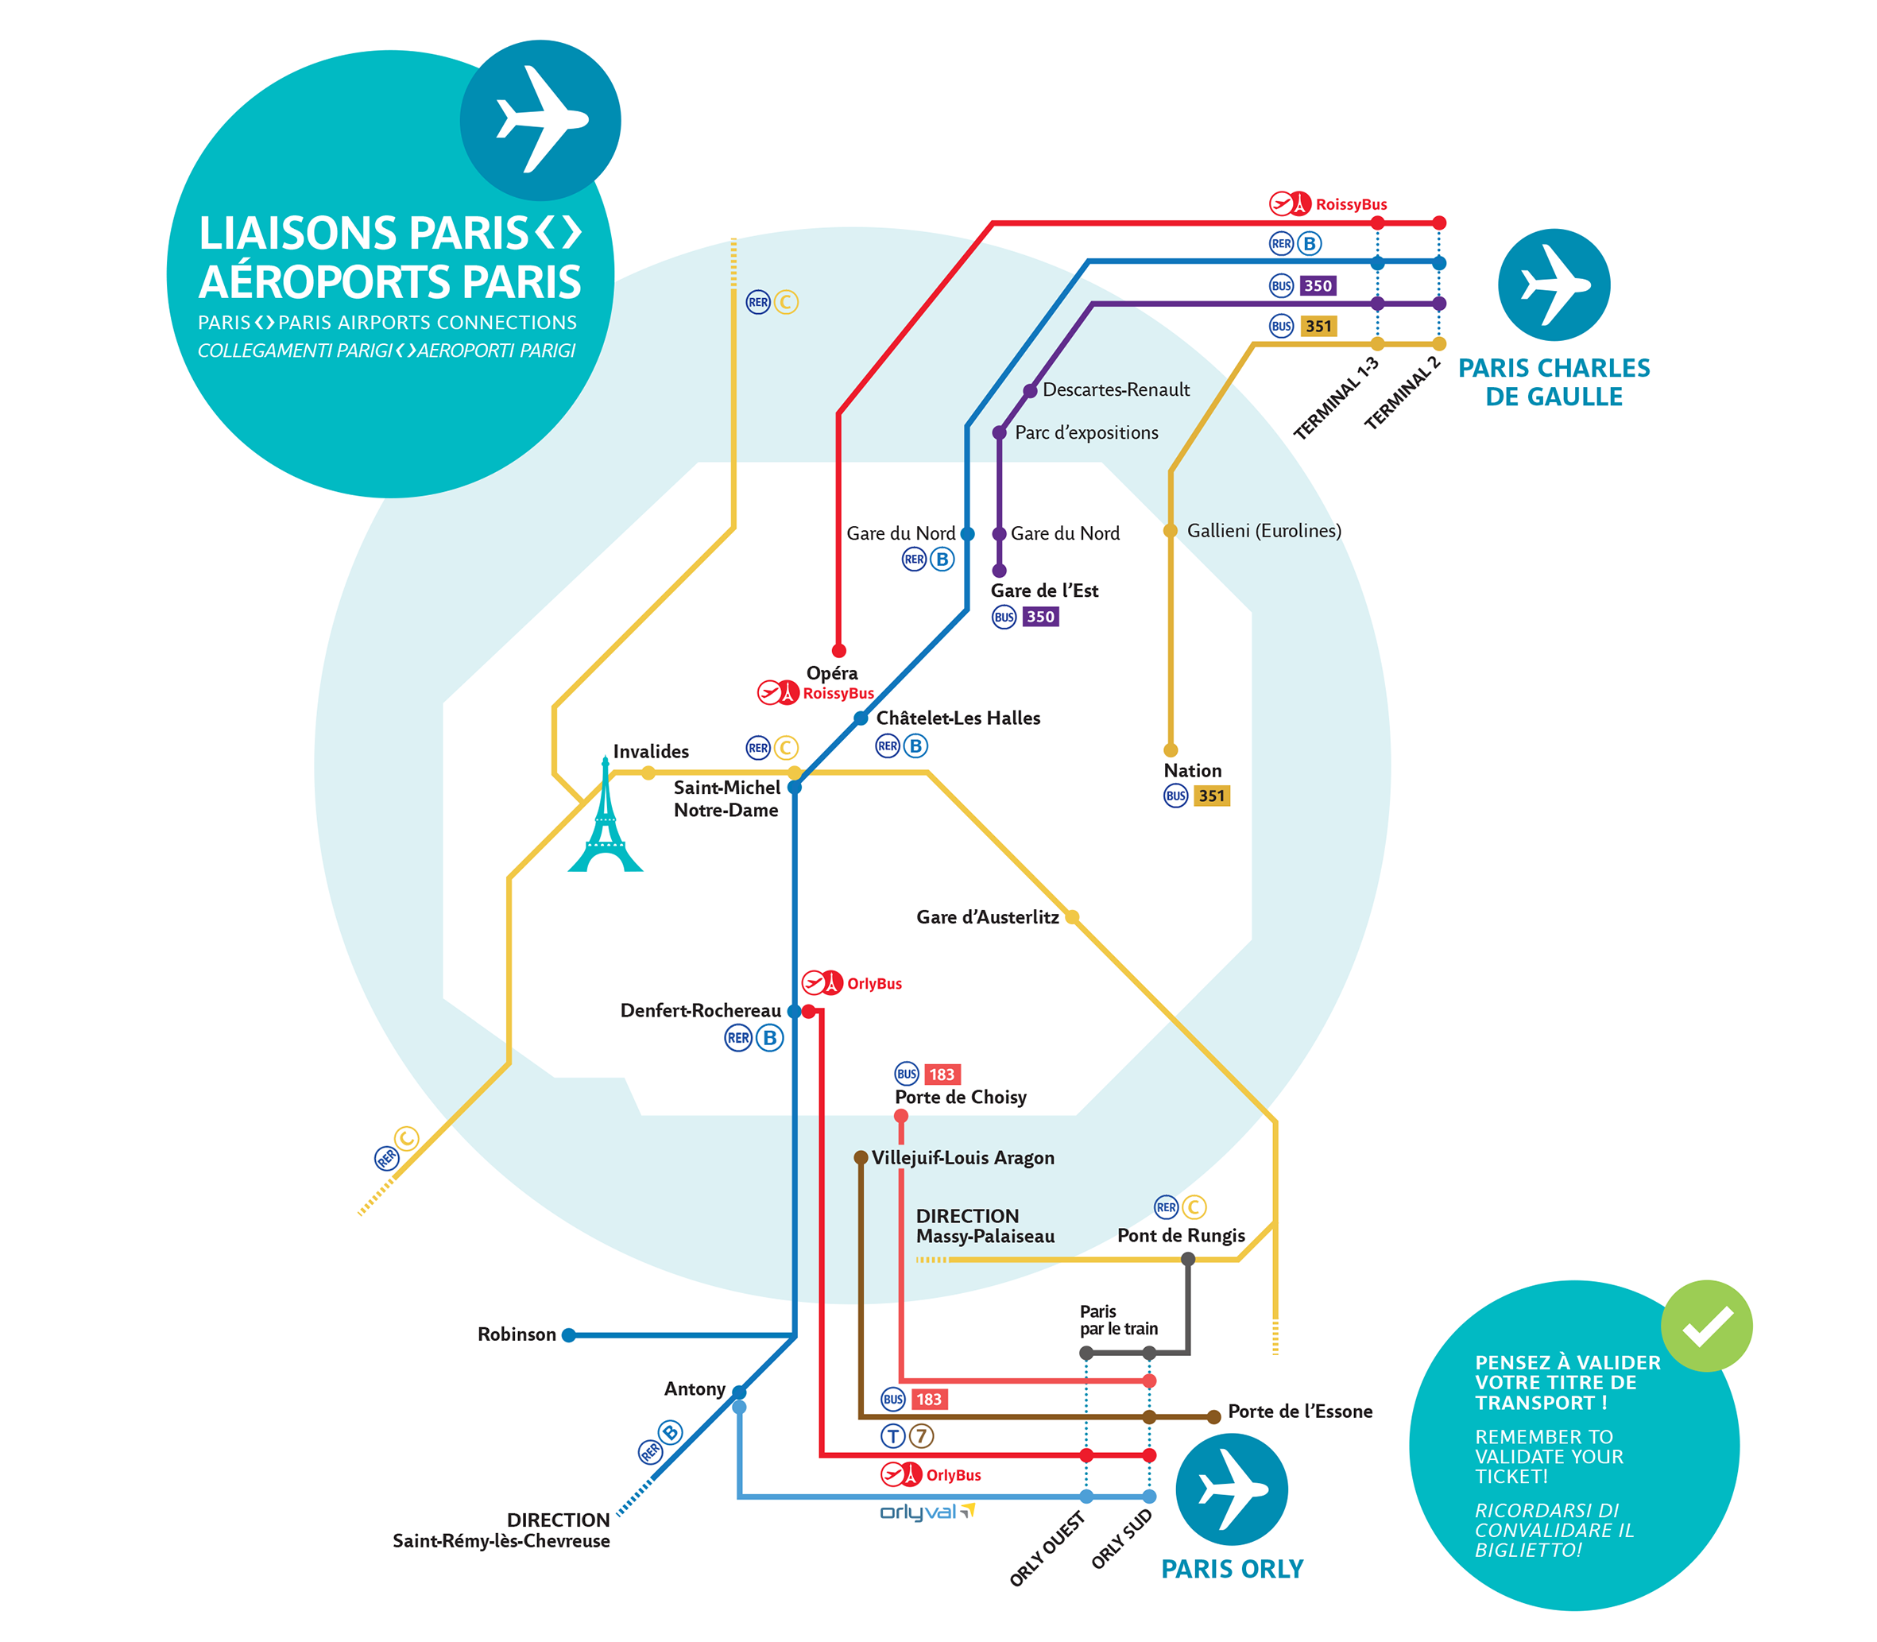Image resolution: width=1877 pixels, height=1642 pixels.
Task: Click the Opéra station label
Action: coord(832,672)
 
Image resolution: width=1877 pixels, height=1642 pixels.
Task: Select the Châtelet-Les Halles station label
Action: coord(958,718)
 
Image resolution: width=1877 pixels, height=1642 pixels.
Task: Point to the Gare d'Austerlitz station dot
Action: coord(1072,917)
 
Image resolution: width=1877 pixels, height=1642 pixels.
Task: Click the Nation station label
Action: coord(1192,771)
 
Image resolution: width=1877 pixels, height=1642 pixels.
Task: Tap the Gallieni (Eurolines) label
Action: coord(1264,531)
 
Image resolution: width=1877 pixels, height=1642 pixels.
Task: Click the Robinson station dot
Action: coord(569,1335)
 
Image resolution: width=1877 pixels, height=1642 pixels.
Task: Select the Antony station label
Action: coord(695,1389)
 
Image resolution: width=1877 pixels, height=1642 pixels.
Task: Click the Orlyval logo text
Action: coord(919,1512)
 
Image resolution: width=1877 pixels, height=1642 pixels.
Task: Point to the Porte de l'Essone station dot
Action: coord(1213,1416)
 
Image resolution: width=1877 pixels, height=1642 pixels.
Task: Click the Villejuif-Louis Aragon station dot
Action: coord(860,1158)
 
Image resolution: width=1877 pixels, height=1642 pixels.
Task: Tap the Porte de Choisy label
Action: coord(960,1097)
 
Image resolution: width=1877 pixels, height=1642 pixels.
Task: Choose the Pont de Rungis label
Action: coord(1181,1235)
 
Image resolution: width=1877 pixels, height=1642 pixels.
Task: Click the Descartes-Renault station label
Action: coord(1116,390)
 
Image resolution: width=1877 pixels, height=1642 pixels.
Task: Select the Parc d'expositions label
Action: coord(1086,432)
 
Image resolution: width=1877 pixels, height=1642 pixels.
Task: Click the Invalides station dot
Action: coord(648,773)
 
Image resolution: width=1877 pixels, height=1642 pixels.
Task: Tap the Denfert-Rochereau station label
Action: coord(700,1011)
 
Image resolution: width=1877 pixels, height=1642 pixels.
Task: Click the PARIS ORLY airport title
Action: coord(1232,1569)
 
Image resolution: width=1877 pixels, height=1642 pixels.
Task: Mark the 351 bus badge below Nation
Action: coord(1211,796)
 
